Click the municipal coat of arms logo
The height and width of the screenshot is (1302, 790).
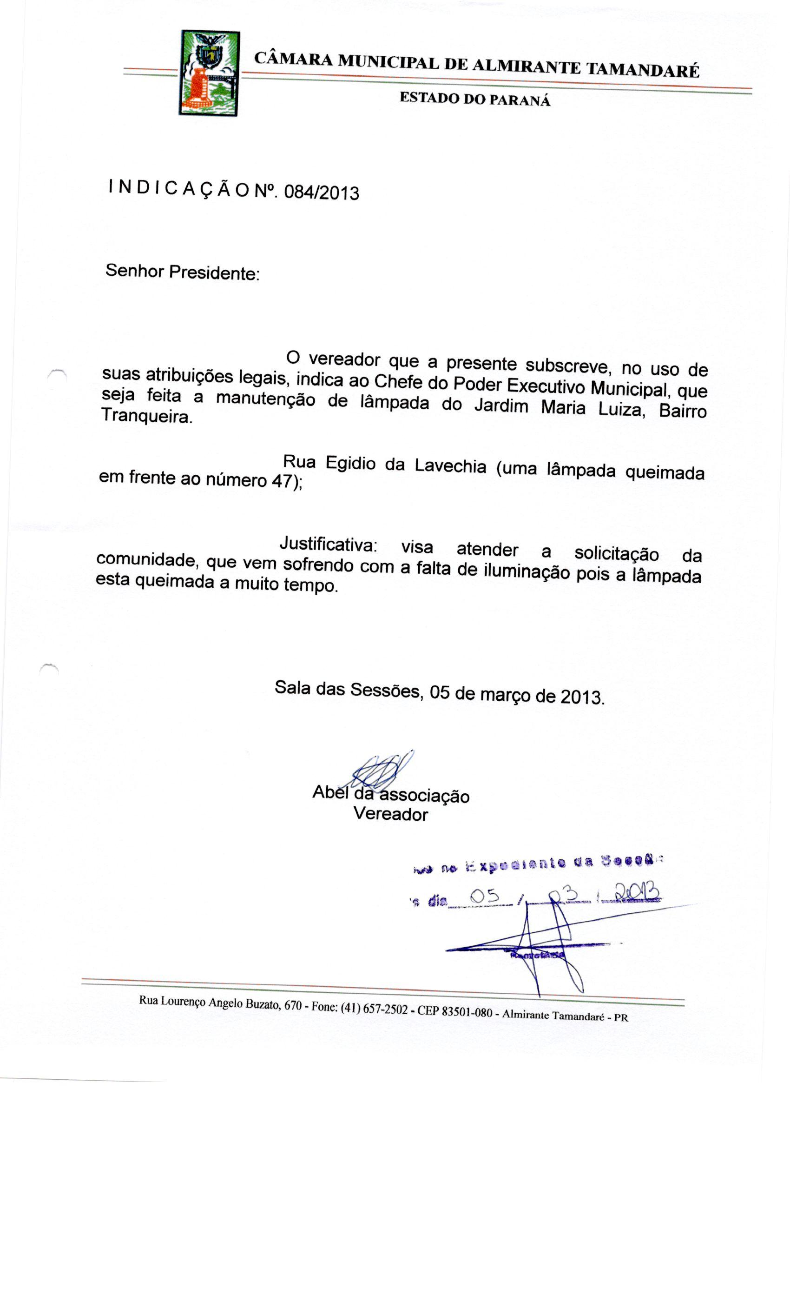click(x=210, y=73)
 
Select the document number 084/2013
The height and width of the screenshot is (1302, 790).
click(x=321, y=193)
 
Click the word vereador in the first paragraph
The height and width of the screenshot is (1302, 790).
click(x=344, y=360)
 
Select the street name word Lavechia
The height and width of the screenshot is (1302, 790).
click(x=450, y=466)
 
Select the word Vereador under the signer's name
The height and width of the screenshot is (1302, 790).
click(x=390, y=814)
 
